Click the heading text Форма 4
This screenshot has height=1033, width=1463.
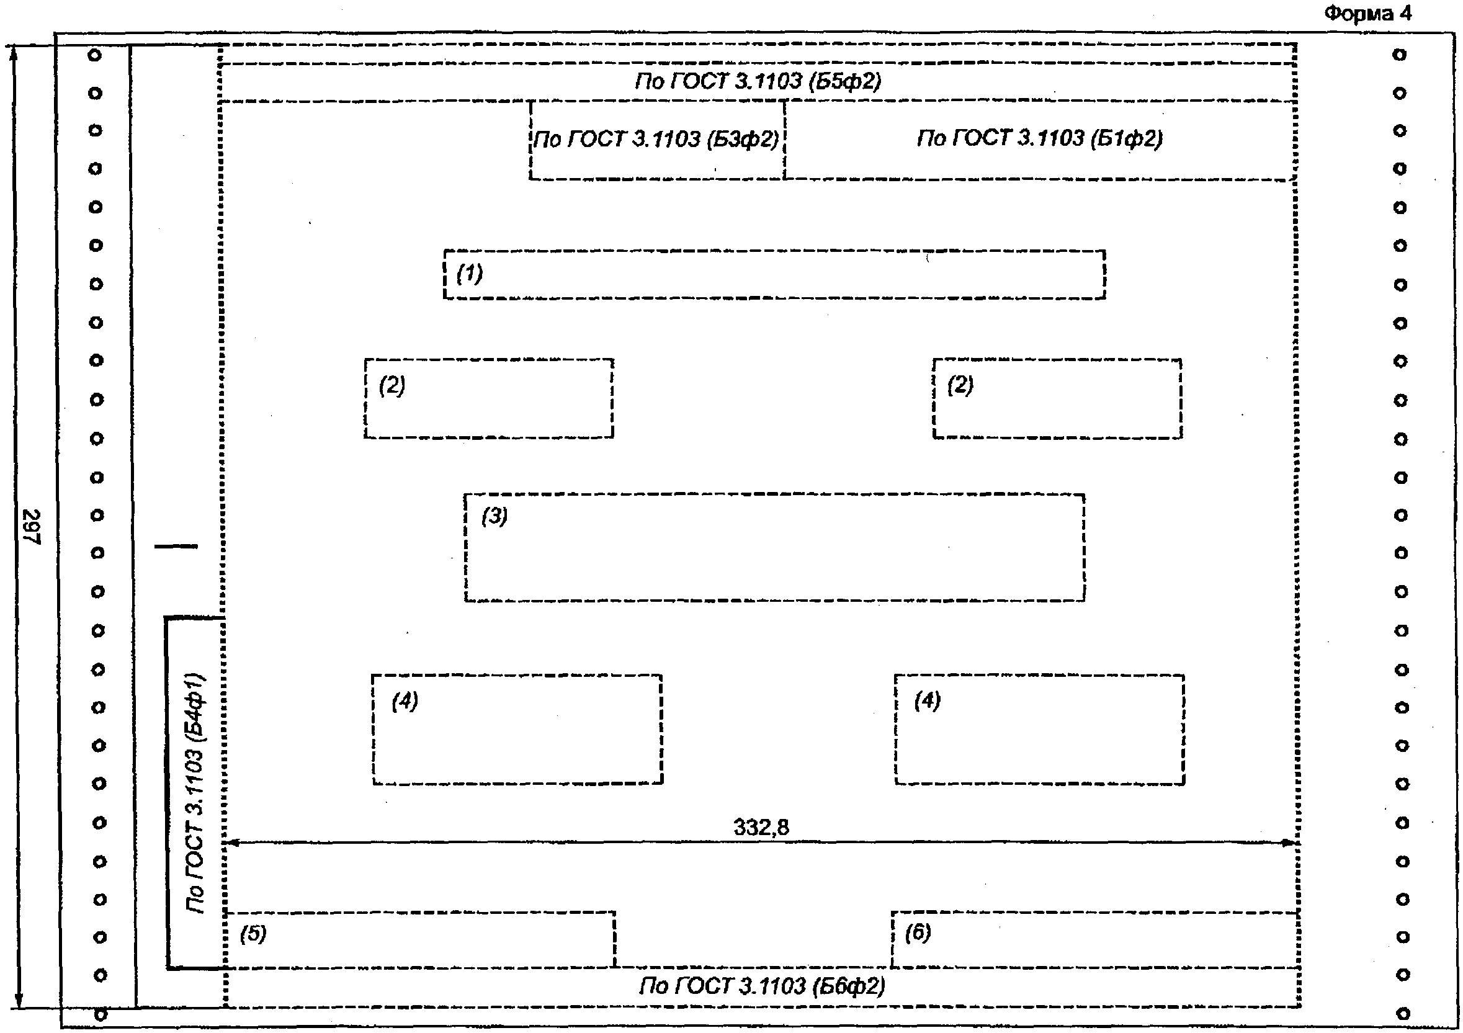coord(1367,14)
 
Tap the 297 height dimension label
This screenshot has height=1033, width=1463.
coord(30,526)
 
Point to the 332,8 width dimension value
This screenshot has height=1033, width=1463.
coord(761,827)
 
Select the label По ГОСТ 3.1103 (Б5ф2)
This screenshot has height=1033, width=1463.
coord(758,81)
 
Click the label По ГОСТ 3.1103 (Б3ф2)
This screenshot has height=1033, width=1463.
coord(656,139)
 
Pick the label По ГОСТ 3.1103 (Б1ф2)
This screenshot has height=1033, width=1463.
coord(1039,138)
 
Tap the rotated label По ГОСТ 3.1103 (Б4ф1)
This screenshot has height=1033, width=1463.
coord(195,794)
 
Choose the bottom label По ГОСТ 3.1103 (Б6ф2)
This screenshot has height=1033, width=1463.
coord(762,986)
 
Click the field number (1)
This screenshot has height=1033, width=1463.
coord(470,274)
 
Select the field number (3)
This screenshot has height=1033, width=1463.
coord(494,516)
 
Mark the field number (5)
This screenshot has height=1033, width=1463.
coord(253,934)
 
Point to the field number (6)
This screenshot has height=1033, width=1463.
coord(918,934)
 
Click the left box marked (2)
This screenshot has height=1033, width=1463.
coord(489,399)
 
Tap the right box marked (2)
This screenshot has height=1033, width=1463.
coord(1057,399)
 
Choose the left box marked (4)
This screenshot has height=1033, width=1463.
coord(517,729)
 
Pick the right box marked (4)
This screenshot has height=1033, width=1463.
coord(1039,729)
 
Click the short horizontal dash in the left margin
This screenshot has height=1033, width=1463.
coord(176,546)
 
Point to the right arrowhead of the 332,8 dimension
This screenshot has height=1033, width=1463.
coord(1290,843)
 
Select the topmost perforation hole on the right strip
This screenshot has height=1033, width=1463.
coord(1399,55)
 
